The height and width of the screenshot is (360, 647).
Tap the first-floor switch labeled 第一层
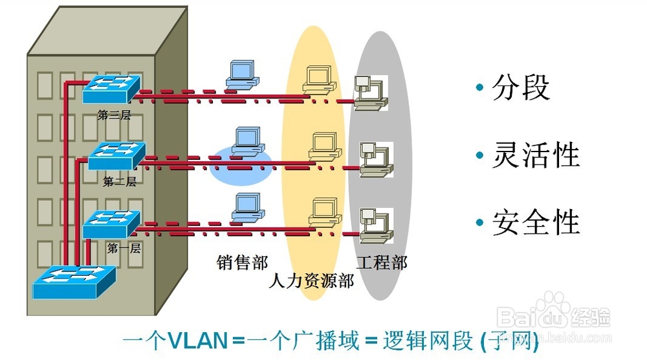point(111,224)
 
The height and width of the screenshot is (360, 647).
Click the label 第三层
point(114,115)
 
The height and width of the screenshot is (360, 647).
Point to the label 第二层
point(120,182)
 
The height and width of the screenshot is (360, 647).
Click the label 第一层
point(124,248)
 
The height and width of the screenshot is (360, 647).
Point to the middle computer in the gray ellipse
point(374,157)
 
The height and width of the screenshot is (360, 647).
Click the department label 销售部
point(242,262)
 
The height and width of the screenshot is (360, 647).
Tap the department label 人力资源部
point(311,281)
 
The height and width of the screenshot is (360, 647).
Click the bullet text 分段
point(521,88)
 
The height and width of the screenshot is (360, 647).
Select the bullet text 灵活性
point(536,155)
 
